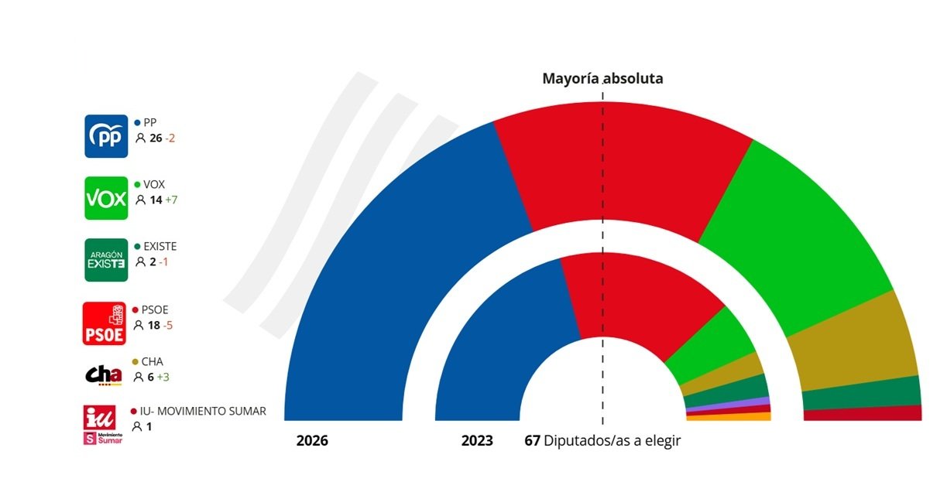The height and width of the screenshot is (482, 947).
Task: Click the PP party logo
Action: [x=106, y=136]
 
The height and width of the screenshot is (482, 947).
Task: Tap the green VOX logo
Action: [x=106, y=199]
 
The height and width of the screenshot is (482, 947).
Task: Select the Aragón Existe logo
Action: [x=106, y=259]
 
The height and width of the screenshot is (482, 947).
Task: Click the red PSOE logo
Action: [x=104, y=323]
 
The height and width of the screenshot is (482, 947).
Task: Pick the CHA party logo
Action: [x=104, y=374]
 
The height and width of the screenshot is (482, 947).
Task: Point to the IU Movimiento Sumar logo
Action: [x=104, y=426]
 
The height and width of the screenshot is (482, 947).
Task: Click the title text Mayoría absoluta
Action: [x=602, y=79]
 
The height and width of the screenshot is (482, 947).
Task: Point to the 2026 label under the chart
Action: [x=312, y=441]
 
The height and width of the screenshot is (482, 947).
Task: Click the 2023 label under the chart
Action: [x=477, y=441]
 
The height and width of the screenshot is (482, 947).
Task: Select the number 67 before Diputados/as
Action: [x=532, y=441]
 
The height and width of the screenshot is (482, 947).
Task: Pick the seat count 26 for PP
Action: [x=156, y=138]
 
